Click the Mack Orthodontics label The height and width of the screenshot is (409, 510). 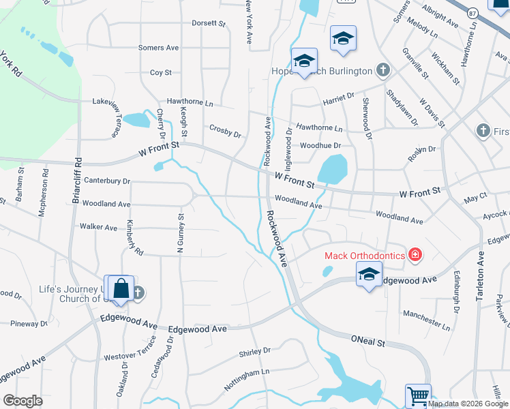(x=364, y=256)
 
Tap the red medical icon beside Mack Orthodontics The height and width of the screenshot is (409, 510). (x=415, y=256)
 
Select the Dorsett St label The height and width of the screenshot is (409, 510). (x=208, y=23)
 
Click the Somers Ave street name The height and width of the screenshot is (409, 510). (x=158, y=48)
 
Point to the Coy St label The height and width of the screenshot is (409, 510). (x=160, y=72)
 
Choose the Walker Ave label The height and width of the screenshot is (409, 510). (x=98, y=226)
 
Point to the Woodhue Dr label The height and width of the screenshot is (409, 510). (x=320, y=145)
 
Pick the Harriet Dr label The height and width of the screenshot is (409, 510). (x=338, y=100)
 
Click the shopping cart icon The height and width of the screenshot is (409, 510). (x=418, y=395)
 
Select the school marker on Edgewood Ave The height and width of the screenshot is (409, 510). (x=369, y=275)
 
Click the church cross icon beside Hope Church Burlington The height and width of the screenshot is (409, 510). (x=383, y=70)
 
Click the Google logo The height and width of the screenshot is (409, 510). (x=23, y=401)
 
